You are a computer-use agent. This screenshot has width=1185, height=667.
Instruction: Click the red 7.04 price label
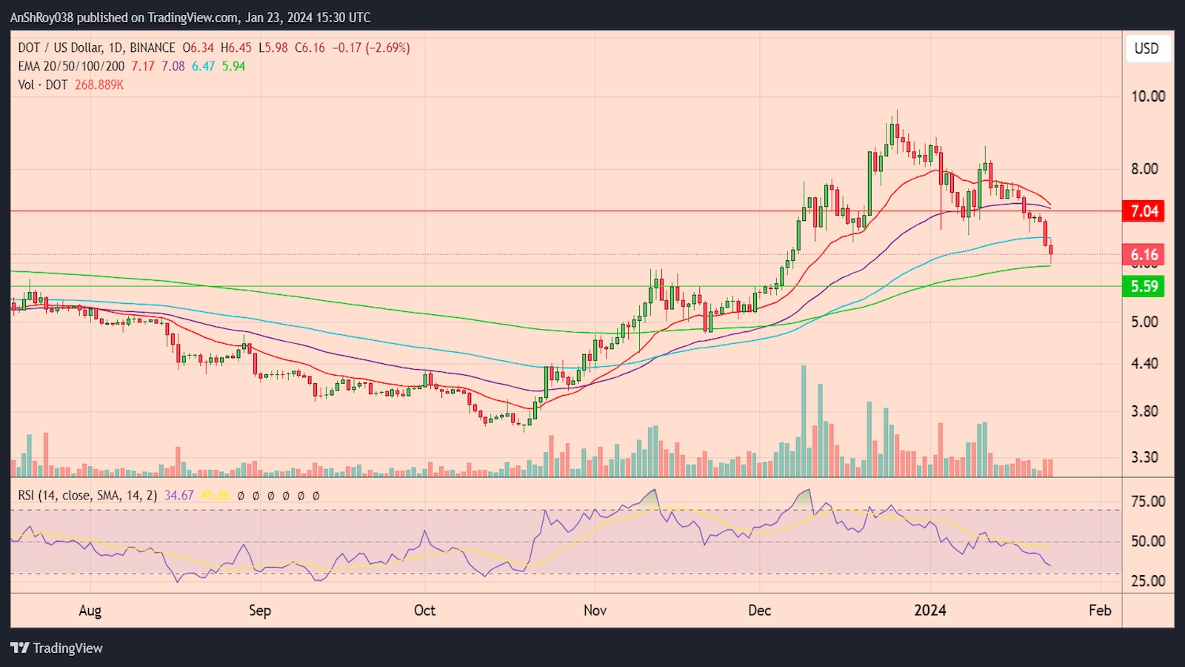coord(1144,211)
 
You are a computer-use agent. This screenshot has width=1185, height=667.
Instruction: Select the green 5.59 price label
coord(1144,286)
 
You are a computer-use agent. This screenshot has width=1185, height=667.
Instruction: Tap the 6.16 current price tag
coord(1144,255)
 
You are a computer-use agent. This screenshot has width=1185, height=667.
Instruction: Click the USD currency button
coord(1146,49)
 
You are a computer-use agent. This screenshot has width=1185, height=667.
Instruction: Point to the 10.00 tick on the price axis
coord(1147,96)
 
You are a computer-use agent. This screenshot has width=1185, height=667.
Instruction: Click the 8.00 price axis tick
coord(1144,169)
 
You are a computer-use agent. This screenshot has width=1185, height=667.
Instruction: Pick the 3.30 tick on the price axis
coord(1144,457)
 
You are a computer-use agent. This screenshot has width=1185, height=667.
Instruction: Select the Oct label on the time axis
coord(424,611)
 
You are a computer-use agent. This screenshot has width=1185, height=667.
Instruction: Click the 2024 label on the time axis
coord(929,611)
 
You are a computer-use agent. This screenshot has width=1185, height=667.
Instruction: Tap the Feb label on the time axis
coord(1100,611)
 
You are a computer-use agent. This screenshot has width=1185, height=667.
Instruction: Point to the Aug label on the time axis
coord(90,611)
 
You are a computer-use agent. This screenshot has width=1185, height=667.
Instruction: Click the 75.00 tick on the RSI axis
coord(1147,502)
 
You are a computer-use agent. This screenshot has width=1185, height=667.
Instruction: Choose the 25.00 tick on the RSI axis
coord(1147,581)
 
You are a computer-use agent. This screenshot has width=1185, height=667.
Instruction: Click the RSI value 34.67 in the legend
coord(178,495)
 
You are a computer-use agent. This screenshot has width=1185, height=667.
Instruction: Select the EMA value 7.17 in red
coord(143,66)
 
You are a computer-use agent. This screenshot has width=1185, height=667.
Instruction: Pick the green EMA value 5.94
coord(233,66)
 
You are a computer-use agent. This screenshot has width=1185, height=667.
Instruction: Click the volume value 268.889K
coord(99,85)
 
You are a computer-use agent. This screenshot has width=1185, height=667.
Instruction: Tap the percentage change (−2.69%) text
coord(387,47)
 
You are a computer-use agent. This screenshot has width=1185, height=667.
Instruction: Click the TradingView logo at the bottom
coord(56,648)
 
